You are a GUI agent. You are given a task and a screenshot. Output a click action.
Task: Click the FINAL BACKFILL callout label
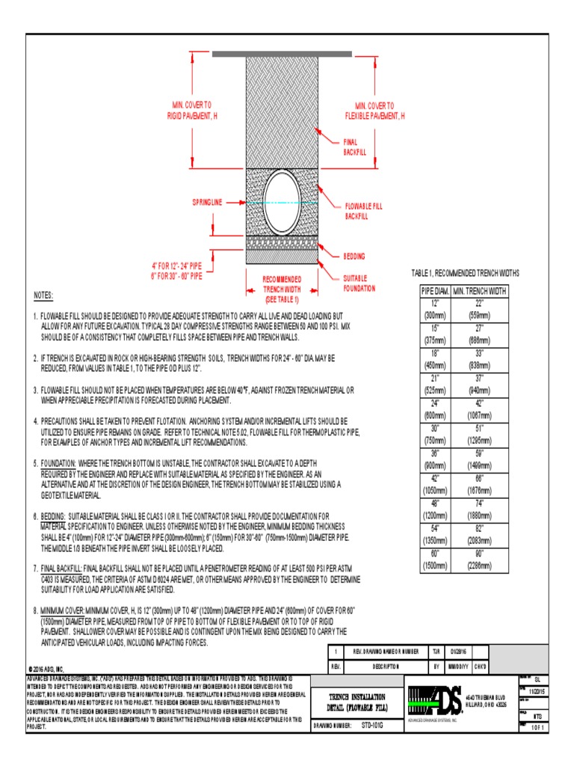351,147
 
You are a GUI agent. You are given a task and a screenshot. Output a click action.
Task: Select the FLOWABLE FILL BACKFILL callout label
363,209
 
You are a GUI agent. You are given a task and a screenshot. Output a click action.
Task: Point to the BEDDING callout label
355,256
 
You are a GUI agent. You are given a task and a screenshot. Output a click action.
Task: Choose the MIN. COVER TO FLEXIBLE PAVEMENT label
374,111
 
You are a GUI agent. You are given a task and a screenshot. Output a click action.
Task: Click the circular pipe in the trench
281,201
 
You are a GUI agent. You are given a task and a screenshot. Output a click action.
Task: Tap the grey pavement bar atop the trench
281,54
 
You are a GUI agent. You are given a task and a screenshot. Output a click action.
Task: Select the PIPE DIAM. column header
435,290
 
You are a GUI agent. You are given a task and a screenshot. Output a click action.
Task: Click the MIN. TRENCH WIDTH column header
479,290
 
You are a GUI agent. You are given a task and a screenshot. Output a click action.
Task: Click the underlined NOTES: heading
44,295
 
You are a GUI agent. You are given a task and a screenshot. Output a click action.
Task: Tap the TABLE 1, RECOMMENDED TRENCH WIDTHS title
466,273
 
